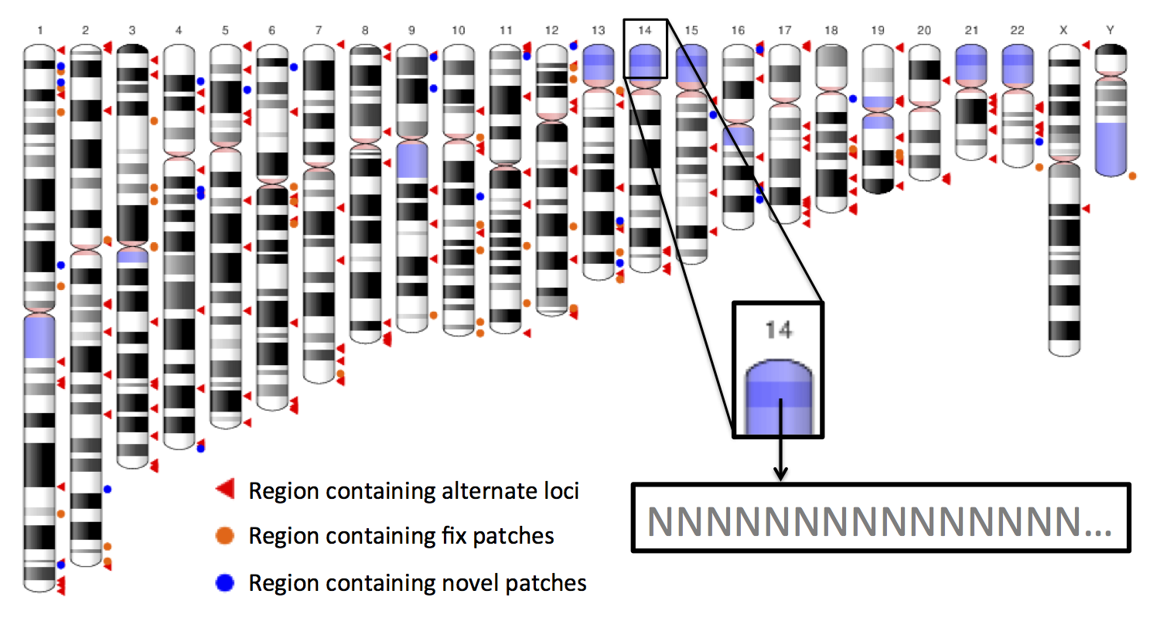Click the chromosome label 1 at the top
tap(40, 30)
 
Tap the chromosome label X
tap(1063, 30)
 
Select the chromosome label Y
tap(1111, 30)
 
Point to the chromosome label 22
tap(1017, 30)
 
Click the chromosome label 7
tap(319, 30)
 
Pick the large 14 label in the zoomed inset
tap(778, 329)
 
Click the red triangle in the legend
tap(225, 489)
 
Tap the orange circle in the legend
tap(225, 535)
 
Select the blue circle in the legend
tap(225, 582)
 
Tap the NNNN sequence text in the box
tap(879, 521)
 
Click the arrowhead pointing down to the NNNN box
tap(780, 473)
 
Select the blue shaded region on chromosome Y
tap(1111, 148)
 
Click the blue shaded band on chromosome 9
tap(412, 160)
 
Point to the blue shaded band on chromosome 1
tap(39, 337)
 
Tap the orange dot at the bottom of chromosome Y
tap(1133, 176)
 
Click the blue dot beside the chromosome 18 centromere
tap(853, 98)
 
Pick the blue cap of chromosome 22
tap(1018, 65)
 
